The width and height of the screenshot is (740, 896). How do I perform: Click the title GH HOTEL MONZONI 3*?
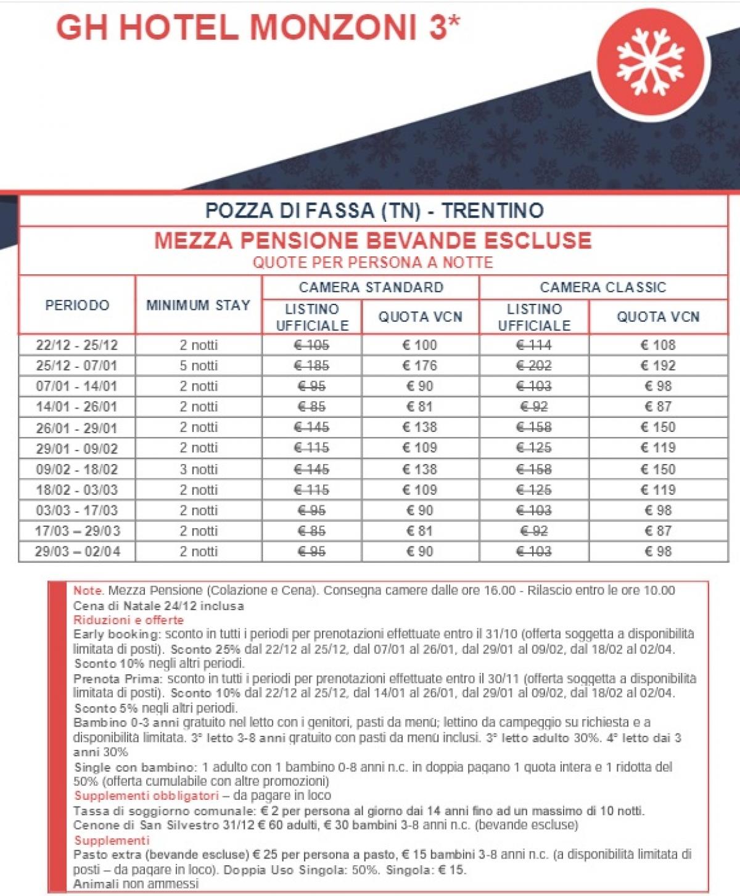tap(258, 28)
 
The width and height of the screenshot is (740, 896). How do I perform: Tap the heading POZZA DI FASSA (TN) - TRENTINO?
tap(374, 211)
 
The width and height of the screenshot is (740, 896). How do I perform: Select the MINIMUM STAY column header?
tap(198, 305)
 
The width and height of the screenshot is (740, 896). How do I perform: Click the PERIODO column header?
tap(77, 305)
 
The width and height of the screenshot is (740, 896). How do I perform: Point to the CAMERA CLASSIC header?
tap(602, 287)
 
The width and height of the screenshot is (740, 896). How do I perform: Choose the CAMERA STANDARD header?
tap(371, 287)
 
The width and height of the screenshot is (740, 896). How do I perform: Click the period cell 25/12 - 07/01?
tap(76, 365)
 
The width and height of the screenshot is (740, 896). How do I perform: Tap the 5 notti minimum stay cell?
tap(199, 365)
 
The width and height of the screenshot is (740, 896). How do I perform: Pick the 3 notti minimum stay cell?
tap(199, 469)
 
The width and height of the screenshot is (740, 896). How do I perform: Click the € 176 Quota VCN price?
tap(419, 365)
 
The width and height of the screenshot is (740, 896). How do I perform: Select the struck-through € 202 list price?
tap(533, 365)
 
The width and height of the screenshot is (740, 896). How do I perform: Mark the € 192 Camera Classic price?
tap(658, 365)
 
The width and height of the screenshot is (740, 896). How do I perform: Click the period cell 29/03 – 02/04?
tap(77, 552)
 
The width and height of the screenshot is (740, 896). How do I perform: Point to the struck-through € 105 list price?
tap(311, 345)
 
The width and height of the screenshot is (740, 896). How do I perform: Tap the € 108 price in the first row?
tap(658, 345)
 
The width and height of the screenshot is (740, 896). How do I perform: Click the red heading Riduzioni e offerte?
tap(128, 620)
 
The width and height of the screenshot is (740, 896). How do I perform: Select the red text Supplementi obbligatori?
tap(146, 796)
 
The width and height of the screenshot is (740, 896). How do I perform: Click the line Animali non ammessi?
tap(136, 884)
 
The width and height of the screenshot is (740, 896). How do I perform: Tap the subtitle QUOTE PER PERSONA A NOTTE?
tap(372, 263)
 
